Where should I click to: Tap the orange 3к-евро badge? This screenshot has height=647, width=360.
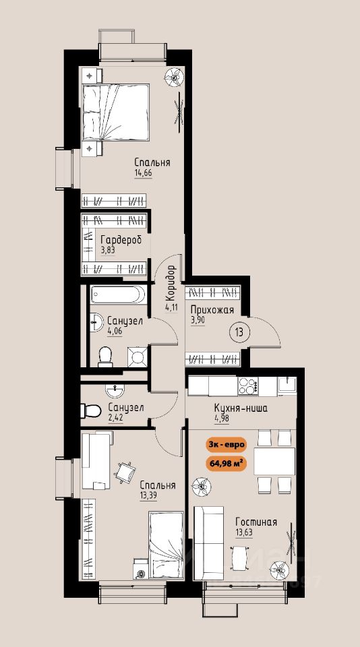(226, 445)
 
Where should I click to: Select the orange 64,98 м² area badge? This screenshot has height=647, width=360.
(226, 463)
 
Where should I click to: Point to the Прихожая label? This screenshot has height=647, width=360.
(212, 310)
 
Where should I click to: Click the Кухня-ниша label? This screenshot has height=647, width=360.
(241, 408)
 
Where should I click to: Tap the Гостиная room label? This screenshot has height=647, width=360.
(256, 522)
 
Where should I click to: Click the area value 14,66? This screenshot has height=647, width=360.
(143, 173)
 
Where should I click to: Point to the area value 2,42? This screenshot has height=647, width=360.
(115, 417)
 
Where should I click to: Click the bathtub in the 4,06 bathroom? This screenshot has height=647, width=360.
(119, 295)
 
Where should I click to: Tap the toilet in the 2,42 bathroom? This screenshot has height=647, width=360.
(91, 411)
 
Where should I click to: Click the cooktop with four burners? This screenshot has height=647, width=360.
(247, 387)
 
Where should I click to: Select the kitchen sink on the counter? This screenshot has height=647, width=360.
(287, 386)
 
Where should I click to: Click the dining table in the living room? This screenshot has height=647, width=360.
(274, 461)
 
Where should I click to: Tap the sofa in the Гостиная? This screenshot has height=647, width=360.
(208, 543)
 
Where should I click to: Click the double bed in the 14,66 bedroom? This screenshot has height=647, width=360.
(115, 113)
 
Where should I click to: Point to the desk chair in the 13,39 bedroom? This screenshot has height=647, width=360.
(125, 472)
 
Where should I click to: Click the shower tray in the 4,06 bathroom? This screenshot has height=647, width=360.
(137, 357)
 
